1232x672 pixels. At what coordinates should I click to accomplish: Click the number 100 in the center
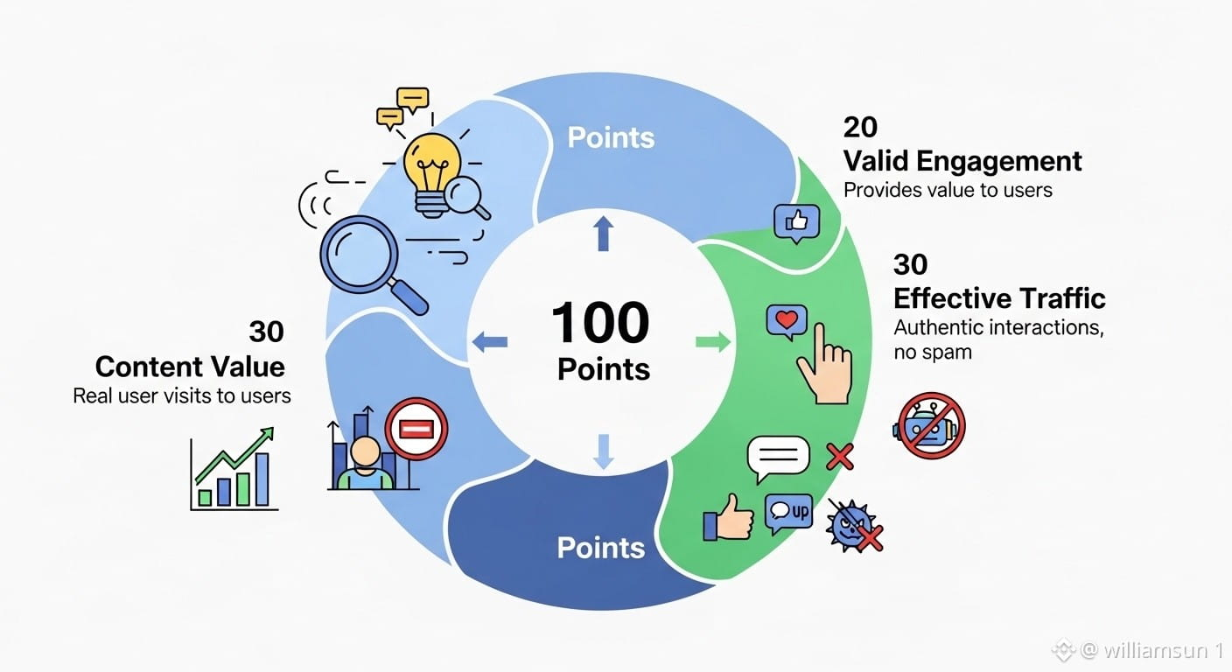[x=600, y=325]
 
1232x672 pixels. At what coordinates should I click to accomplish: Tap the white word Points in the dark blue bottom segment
[x=600, y=548]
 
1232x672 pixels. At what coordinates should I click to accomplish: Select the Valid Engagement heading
[x=962, y=161]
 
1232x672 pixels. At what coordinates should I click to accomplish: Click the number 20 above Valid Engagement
[x=860, y=128]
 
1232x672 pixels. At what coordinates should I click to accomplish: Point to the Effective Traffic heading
[x=999, y=298]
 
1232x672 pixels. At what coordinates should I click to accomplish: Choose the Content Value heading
[x=190, y=366]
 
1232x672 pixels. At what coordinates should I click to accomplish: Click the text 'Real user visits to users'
[x=182, y=395]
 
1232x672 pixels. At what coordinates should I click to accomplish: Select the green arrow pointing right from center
[x=713, y=341]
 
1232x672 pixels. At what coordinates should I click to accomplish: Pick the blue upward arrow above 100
[x=603, y=234]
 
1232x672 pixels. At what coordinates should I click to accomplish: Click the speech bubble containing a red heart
[x=785, y=321]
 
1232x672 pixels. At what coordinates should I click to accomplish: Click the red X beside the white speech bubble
[x=840, y=455]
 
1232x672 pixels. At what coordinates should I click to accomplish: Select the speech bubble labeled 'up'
[x=787, y=513]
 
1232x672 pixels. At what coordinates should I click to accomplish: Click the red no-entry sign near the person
[x=416, y=429]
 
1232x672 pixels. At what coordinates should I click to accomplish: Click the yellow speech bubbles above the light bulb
[x=402, y=107]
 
